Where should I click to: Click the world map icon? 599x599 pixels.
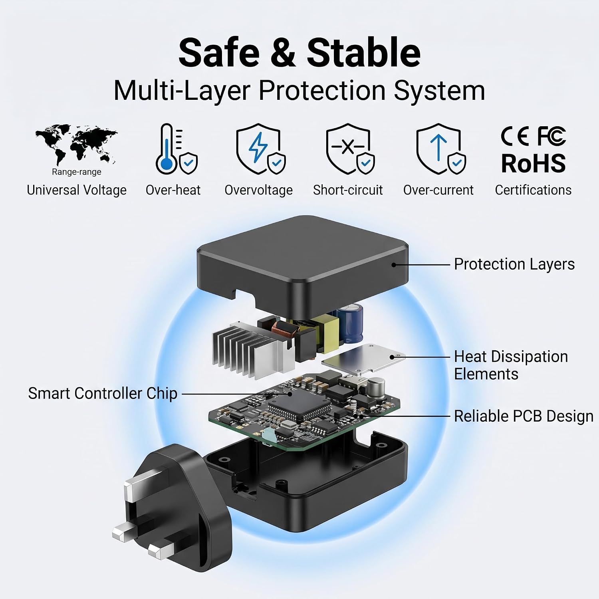click(76, 144)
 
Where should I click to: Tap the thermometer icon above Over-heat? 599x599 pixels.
click(167, 149)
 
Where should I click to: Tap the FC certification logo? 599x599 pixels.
click(551, 136)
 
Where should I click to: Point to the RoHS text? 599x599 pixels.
click(534, 163)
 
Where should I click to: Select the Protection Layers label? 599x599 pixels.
click(514, 264)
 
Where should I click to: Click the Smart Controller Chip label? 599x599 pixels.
click(103, 393)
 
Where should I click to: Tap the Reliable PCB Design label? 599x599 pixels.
click(524, 416)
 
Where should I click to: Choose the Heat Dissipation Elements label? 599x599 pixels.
click(511, 365)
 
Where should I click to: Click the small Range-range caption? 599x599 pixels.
click(77, 172)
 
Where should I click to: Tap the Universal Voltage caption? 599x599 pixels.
click(77, 190)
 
